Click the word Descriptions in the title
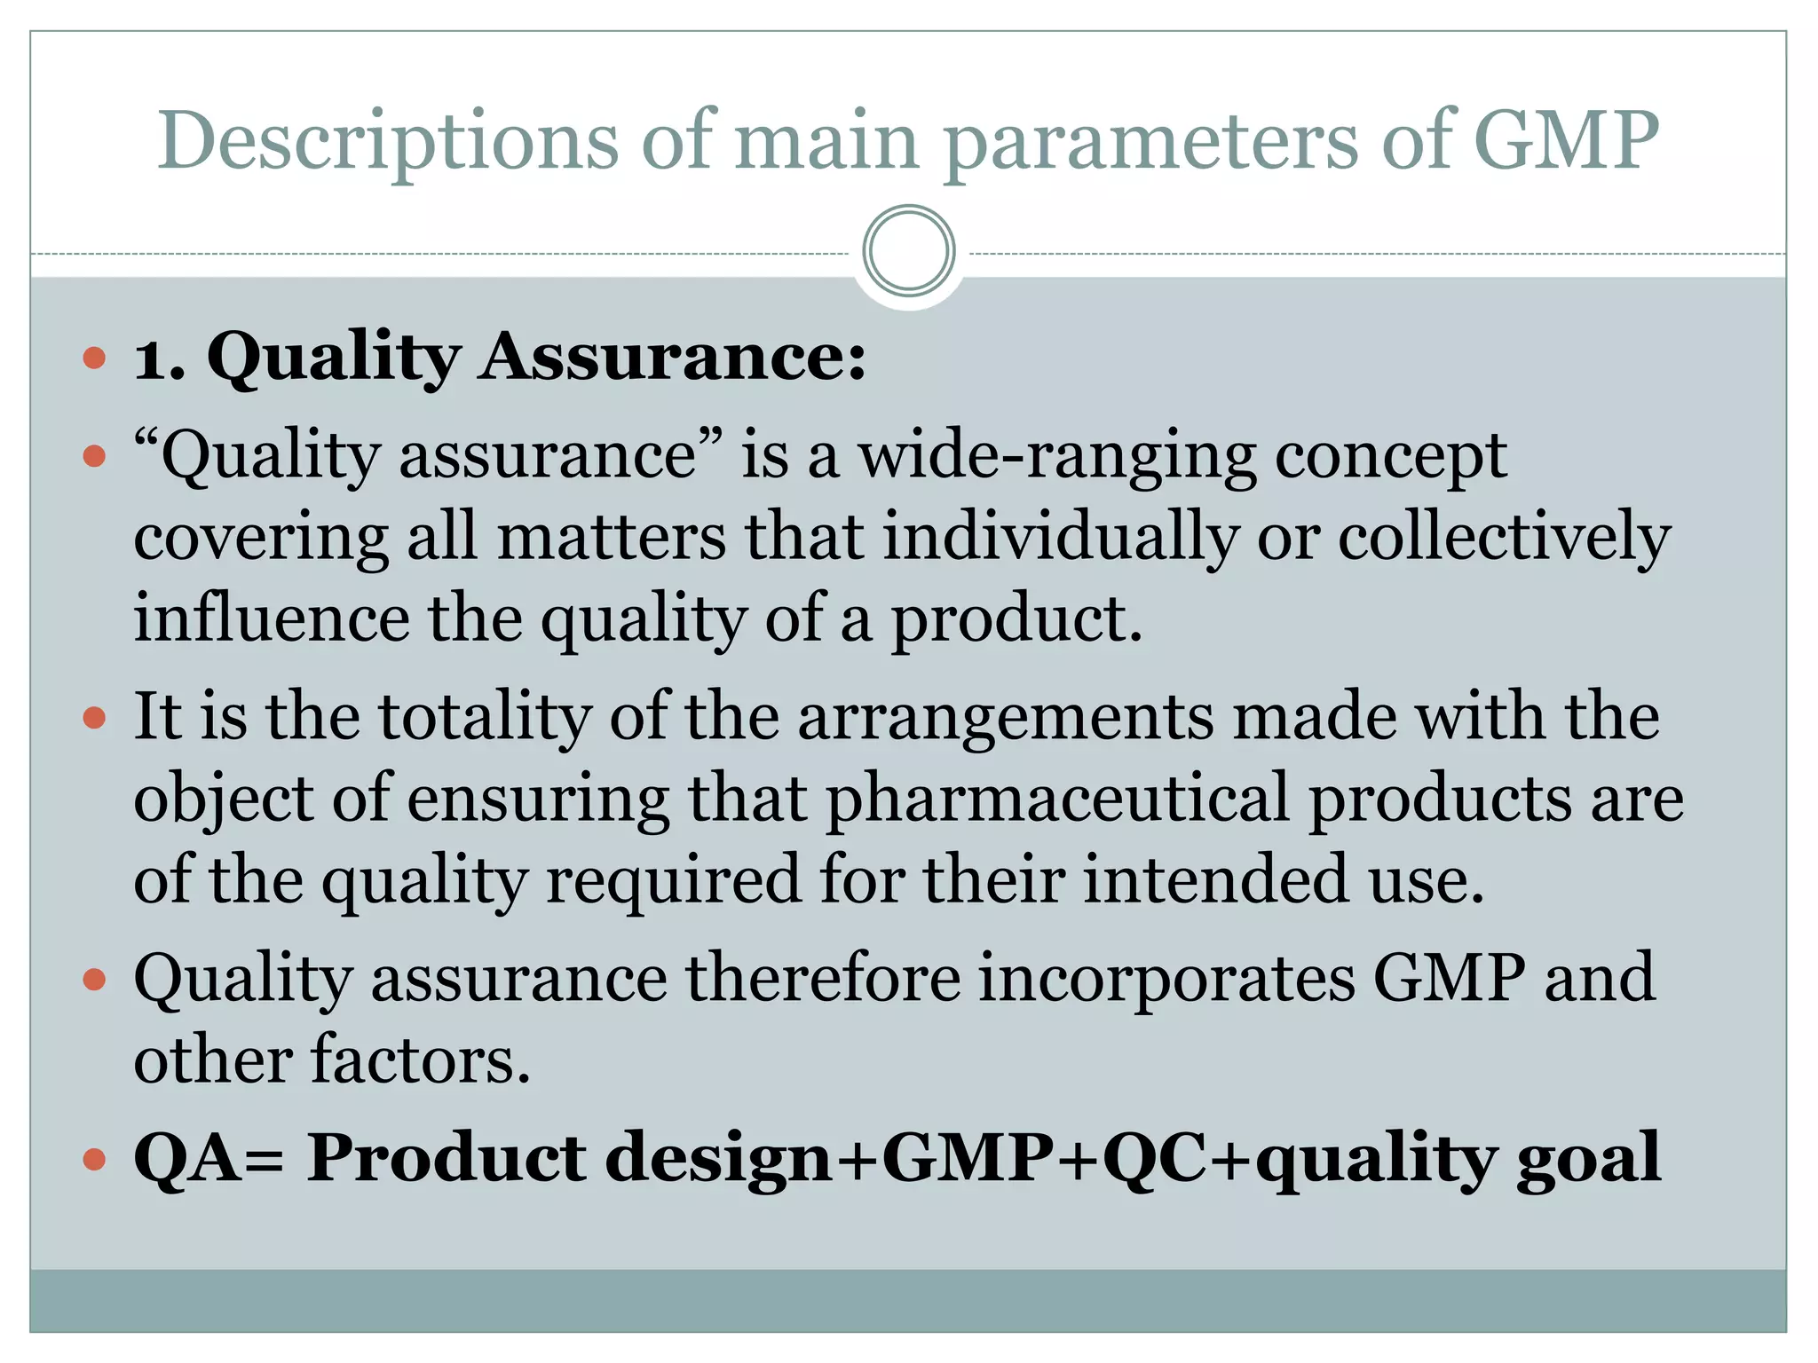[x=387, y=142]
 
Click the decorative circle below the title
[x=908, y=251]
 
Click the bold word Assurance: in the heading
[x=673, y=357]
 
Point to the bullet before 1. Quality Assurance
[x=94, y=358]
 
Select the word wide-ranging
[x=1057, y=456]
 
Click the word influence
[x=271, y=618]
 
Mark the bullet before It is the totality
[x=94, y=717]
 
